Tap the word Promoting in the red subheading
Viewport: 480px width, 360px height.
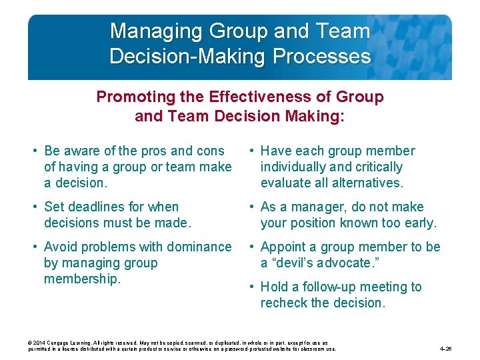127,97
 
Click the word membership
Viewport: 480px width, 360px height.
82,279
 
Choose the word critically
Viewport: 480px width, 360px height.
377,167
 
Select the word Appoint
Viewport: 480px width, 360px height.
284,247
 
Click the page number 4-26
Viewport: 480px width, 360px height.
446,349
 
